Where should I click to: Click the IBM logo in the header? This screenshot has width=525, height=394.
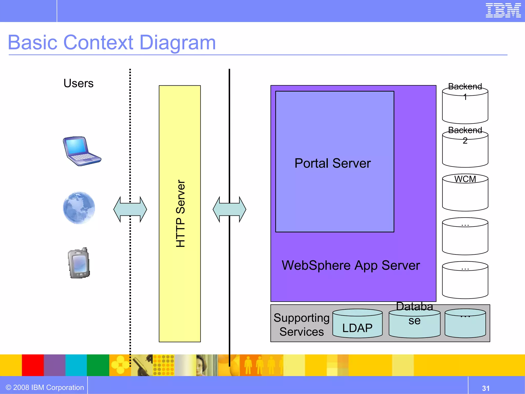tap(503, 11)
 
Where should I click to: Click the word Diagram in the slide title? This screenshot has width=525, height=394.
tap(177, 43)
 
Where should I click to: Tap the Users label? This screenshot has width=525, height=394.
tap(78, 83)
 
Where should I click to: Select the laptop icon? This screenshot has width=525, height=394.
tap(81, 151)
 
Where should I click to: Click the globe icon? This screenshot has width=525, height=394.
tap(79, 208)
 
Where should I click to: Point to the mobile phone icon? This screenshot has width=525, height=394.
tap(79, 263)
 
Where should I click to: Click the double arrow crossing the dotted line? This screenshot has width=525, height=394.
tap(130, 209)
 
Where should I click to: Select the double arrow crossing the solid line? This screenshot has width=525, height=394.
tap(229, 209)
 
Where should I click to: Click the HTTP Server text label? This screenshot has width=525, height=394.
tap(180, 213)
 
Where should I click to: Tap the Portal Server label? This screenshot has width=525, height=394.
tap(332, 163)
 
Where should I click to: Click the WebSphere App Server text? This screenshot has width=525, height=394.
tap(350, 265)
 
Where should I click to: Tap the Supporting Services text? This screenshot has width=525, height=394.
tap(301, 325)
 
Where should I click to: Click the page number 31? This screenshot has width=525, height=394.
tap(486, 388)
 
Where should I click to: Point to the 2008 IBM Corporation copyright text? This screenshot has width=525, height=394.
tap(45, 387)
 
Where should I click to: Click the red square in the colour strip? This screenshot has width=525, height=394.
tap(33, 365)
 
